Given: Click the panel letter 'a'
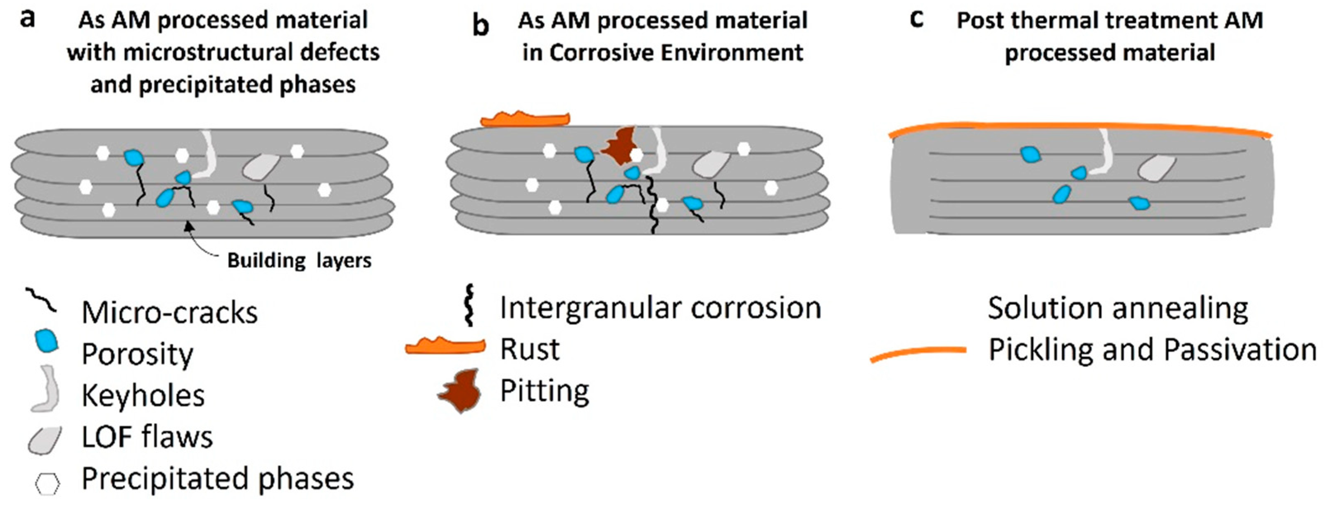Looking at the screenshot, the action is click(x=27, y=19).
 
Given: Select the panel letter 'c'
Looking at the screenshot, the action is click(x=917, y=19).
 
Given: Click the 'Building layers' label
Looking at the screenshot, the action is click(x=300, y=261).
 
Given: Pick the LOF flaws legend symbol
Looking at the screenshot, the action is click(x=45, y=440).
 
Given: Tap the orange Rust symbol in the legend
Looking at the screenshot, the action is click(x=445, y=346).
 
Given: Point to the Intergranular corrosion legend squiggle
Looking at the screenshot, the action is click(x=469, y=305).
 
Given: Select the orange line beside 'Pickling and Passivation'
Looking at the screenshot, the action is click(x=918, y=353).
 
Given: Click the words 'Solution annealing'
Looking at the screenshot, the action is click(x=1118, y=309).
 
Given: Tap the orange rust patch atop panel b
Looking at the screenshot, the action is click(x=525, y=119).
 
